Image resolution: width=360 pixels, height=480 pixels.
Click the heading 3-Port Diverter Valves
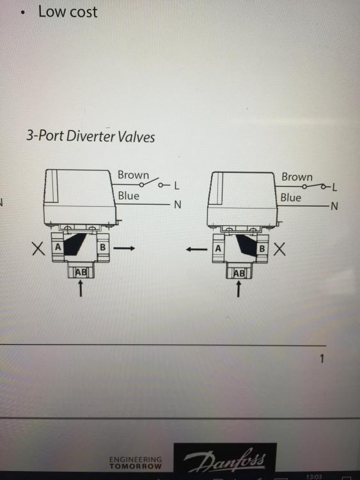pyautogui.click(x=91, y=136)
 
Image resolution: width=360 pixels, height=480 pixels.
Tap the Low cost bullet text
pyautogui.click(x=68, y=12)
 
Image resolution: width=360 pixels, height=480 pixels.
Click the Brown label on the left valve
pyautogui.click(x=134, y=175)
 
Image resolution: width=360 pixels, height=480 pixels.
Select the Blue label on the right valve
pyautogui.click(x=290, y=198)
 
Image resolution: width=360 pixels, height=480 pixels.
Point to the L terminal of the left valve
pyautogui.click(x=176, y=186)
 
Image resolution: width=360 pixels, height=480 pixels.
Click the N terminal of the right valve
pyautogui.click(x=334, y=206)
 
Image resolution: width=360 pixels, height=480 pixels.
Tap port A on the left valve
pyautogui.click(x=58, y=247)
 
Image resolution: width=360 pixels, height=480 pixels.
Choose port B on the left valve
pyautogui.click(x=103, y=247)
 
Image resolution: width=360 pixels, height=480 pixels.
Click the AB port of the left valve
pyautogui.click(x=81, y=272)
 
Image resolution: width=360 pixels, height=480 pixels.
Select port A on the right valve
pyautogui.click(x=218, y=248)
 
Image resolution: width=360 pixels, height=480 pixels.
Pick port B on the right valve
pyautogui.click(x=262, y=248)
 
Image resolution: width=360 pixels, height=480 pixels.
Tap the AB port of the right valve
pyautogui.click(x=239, y=273)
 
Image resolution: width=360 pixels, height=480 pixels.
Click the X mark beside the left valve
pyautogui.click(x=38, y=248)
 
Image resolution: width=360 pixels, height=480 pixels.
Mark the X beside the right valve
pyautogui.click(x=279, y=249)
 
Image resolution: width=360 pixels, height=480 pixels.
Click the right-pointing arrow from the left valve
pyautogui.click(x=124, y=248)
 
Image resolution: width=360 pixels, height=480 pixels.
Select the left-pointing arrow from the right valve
pyautogui.click(x=196, y=250)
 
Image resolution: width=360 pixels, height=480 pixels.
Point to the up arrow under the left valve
pyautogui.click(x=81, y=289)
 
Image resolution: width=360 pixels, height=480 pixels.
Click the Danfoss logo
pyautogui.click(x=225, y=459)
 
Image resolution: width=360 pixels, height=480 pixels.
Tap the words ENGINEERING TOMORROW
pyautogui.click(x=136, y=463)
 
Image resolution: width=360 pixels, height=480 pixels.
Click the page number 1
pyautogui.click(x=322, y=358)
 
